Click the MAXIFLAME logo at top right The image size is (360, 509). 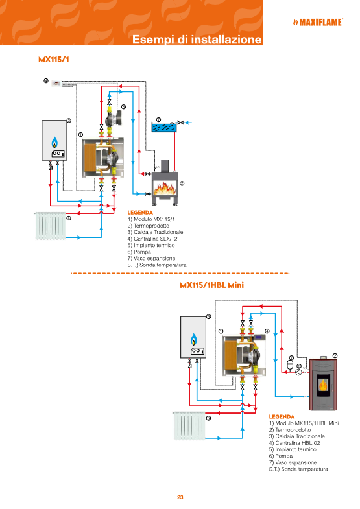(317, 21)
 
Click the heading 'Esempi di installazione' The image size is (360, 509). (197, 40)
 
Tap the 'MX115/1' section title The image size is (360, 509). (54, 59)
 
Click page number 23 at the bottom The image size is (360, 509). (180, 497)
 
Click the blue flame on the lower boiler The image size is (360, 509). (193, 339)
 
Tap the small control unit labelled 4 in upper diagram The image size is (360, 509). (57, 82)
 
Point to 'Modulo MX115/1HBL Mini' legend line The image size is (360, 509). (304, 423)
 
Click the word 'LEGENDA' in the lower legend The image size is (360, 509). (282, 416)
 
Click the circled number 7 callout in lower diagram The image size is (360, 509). (291, 358)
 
